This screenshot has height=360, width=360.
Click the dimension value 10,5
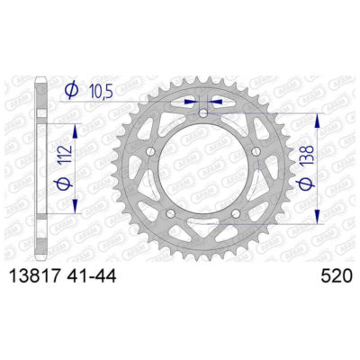pos(101,91)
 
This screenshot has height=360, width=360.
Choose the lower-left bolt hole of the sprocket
pos(172,212)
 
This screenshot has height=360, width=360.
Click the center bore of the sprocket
pos(202,171)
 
